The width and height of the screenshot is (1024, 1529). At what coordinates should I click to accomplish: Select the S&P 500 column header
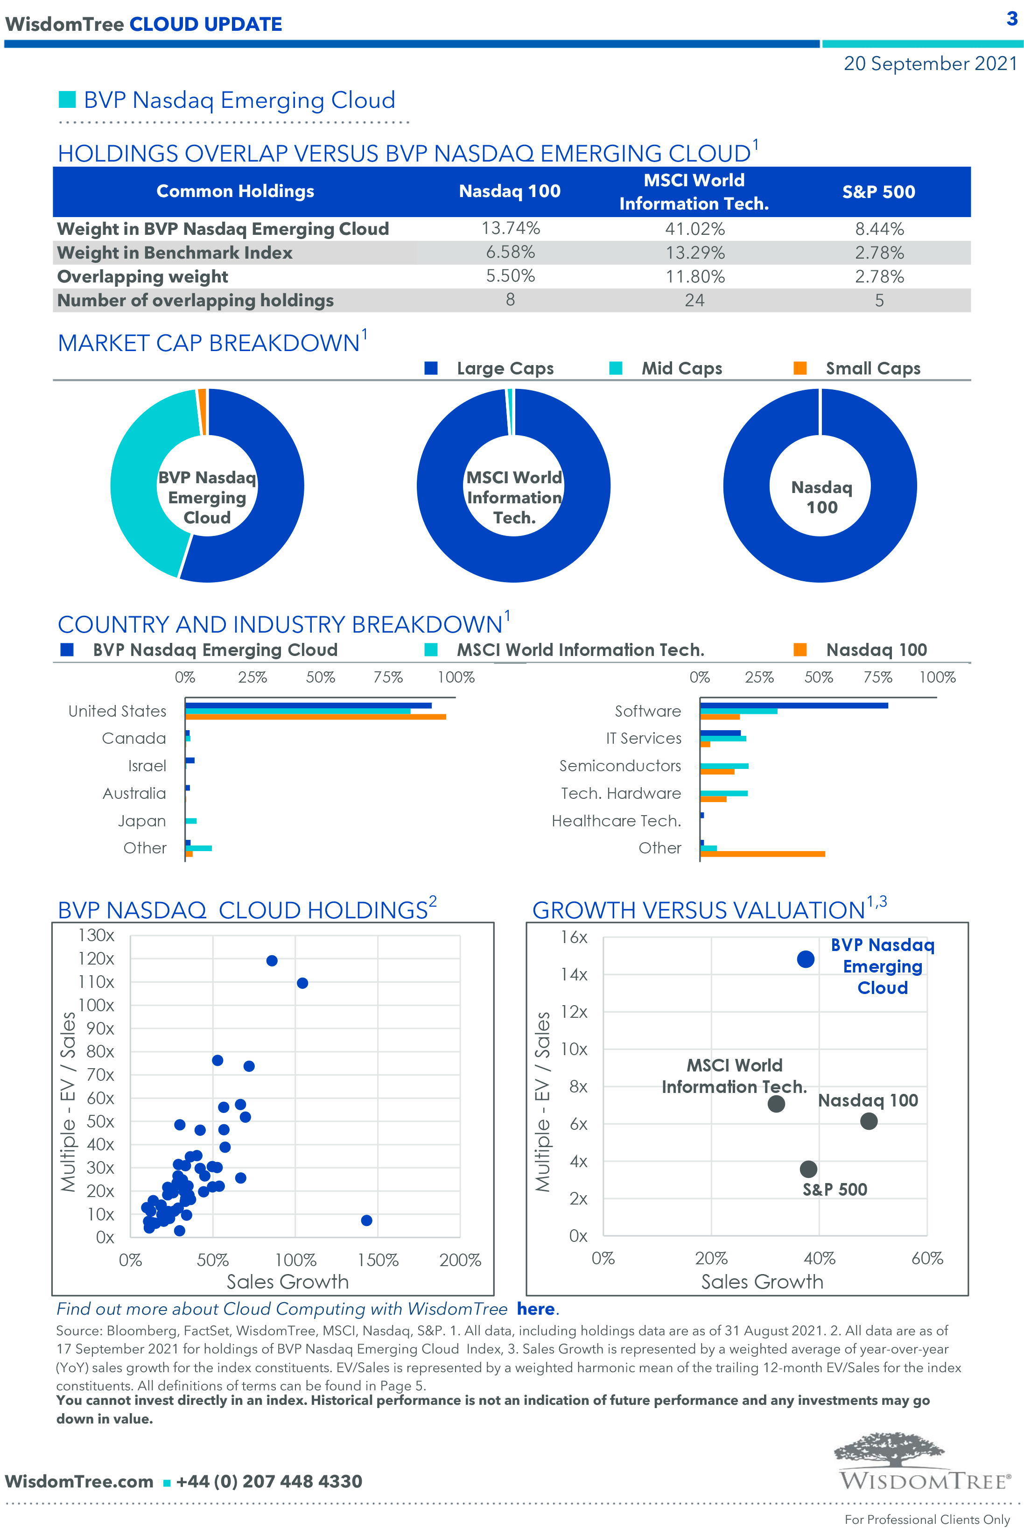(878, 192)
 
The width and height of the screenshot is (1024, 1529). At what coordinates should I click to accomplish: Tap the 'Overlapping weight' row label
(142, 276)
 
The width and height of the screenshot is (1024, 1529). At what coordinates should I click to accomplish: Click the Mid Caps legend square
(615, 368)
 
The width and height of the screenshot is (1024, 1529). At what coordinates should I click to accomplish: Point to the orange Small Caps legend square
(800, 368)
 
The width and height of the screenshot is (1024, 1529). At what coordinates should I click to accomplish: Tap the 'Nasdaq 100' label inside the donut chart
(821, 497)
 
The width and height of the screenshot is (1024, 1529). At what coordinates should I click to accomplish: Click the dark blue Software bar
(793, 705)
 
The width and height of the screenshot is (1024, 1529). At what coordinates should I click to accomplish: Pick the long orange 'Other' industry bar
(762, 853)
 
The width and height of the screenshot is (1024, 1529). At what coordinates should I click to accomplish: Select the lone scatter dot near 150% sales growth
(366, 1220)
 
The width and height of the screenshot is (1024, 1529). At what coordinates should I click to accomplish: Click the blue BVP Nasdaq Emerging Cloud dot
(805, 959)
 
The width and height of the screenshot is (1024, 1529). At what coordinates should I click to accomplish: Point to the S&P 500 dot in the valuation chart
(808, 1169)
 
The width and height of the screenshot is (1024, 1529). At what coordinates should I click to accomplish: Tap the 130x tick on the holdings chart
(96, 935)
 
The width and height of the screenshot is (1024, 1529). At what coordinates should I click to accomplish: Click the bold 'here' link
(535, 1309)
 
